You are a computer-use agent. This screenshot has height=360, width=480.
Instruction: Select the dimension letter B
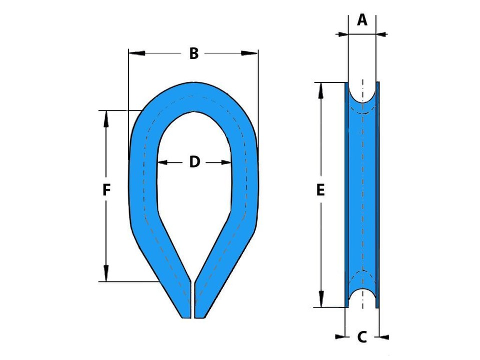(194, 53)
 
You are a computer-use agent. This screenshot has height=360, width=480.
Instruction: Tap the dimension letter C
(362, 337)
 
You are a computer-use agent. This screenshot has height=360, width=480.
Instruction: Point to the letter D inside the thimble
(194, 162)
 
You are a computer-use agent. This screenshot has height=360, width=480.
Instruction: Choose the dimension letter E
(320, 190)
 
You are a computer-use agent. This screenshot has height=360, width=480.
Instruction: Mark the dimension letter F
(106, 190)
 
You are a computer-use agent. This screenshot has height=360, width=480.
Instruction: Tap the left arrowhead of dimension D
(162, 162)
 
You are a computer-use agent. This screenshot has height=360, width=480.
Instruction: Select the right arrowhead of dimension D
(225, 162)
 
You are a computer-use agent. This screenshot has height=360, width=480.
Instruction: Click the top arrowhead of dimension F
(106, 117)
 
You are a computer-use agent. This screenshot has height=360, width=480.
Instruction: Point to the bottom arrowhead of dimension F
(106, 274)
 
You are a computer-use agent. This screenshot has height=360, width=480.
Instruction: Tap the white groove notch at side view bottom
(362, 299)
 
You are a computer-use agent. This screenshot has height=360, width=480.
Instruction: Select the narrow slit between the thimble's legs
(193, 300)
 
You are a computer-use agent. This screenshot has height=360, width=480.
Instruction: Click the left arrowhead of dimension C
(342, 337)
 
